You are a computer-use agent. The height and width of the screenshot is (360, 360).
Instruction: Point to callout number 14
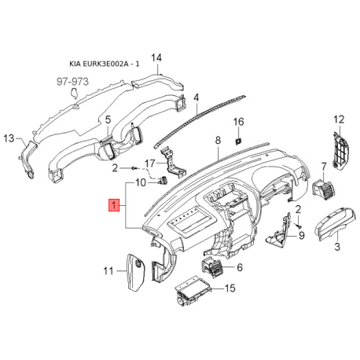tap(156, 58)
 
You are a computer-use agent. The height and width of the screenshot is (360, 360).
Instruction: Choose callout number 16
tap(241, 122)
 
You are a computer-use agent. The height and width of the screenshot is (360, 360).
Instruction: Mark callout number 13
tap(9, 138)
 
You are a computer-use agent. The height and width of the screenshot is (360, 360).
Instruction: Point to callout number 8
tap(216, 141)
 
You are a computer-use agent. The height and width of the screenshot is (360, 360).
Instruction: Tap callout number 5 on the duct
tap(108, 120)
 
